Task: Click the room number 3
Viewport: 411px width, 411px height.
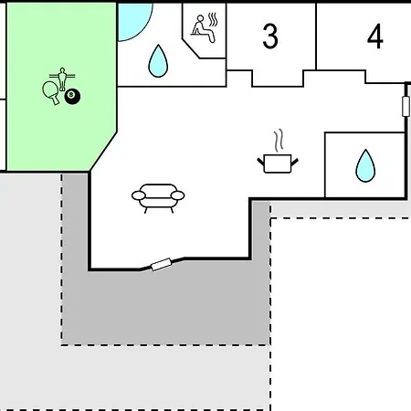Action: tap(270, 37)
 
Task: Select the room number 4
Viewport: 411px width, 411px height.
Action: tap(375, 37)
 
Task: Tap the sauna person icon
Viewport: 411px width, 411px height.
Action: tap(202, 28)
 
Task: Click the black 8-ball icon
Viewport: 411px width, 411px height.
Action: tap(72, 96)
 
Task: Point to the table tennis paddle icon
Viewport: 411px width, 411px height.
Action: tap(50, 92)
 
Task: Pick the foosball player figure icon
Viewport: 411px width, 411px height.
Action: tap(62, 79)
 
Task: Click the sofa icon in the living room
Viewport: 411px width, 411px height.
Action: tap(158, 198)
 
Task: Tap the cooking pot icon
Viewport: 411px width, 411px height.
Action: tap(278, 163)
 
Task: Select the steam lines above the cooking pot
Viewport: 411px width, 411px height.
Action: tap(279, 141)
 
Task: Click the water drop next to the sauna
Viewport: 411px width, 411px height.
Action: tap(158, 61)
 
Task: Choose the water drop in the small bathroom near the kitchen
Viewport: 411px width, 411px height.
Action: tap(365, 166)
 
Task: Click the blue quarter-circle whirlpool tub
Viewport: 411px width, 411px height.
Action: tap(133, 20)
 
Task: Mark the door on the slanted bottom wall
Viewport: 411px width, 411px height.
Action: tap(162, 264)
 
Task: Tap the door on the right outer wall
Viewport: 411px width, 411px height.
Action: tap(406, 106)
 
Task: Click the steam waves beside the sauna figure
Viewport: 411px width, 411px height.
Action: tap(213, 19)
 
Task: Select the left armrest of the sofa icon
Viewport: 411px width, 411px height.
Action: tap(139, 195)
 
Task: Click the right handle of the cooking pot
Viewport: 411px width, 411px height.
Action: tap(294, 162)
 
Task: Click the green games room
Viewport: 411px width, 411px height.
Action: tap(61, 88)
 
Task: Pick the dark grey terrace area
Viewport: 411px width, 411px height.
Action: tap(166, 301)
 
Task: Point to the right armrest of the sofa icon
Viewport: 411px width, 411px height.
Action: tap(178, 195)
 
